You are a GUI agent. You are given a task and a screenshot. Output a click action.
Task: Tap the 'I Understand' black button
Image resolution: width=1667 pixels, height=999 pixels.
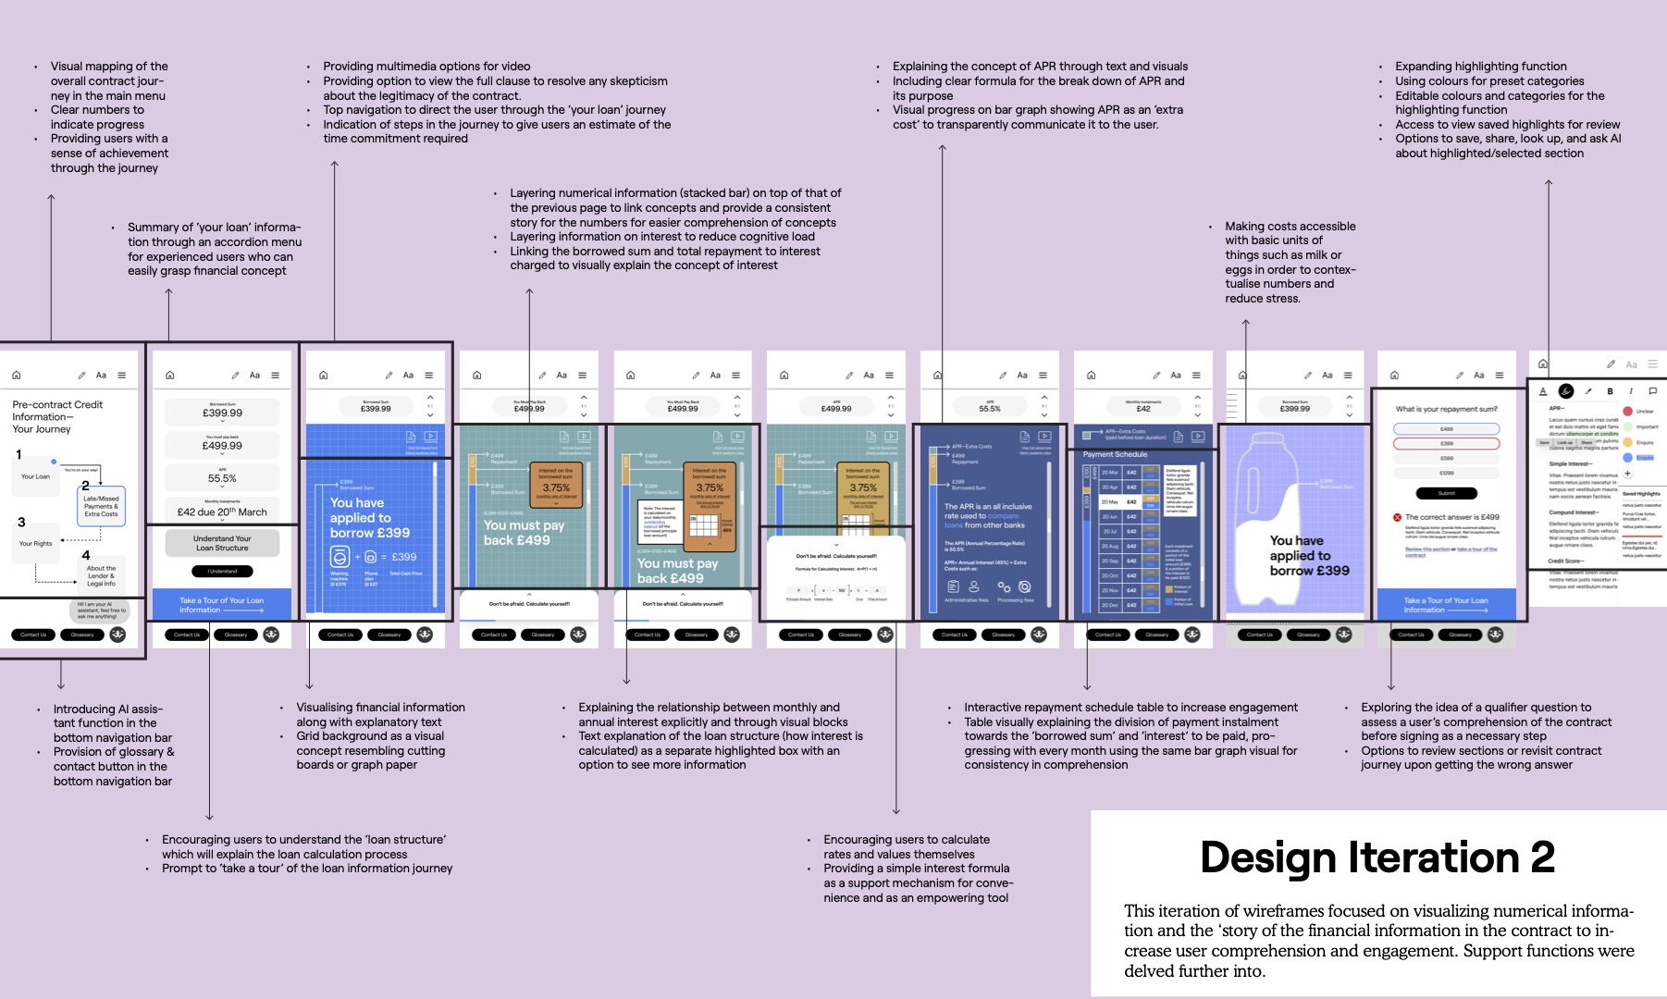(222, 571)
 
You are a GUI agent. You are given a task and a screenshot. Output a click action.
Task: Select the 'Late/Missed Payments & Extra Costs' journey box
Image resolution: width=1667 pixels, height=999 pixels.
(101, 506)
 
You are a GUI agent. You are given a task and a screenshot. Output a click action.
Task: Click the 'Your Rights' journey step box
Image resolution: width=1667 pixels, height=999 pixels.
(36, 544)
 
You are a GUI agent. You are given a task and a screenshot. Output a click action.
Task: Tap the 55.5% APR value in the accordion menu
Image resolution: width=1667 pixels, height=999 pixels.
(222, 478)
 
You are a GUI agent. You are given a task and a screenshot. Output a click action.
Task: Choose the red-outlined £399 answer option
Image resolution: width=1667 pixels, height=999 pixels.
(1446, 444)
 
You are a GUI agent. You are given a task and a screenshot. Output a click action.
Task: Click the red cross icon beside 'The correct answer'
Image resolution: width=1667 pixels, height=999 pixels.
(1397, 517)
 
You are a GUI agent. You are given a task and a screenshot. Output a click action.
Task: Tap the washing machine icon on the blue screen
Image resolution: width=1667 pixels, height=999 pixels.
(340, 557)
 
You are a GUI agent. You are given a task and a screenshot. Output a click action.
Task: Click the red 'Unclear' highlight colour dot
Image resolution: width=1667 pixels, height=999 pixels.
(1628, 411)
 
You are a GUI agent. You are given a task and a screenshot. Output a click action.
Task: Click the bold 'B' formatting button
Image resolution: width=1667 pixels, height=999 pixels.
(1610, 391)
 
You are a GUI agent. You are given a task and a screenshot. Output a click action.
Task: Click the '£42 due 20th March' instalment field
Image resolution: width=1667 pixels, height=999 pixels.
(222, 512)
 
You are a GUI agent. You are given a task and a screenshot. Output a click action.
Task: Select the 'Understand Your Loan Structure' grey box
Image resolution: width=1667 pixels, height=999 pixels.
(222, 543)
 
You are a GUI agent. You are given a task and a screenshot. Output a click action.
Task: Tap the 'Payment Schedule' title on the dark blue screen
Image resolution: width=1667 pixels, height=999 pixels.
(1115, 454)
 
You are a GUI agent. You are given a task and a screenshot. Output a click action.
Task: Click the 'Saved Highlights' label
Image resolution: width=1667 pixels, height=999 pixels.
(1641, 494)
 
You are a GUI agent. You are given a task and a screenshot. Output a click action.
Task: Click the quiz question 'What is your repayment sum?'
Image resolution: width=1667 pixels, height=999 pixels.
(1446, 409)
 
